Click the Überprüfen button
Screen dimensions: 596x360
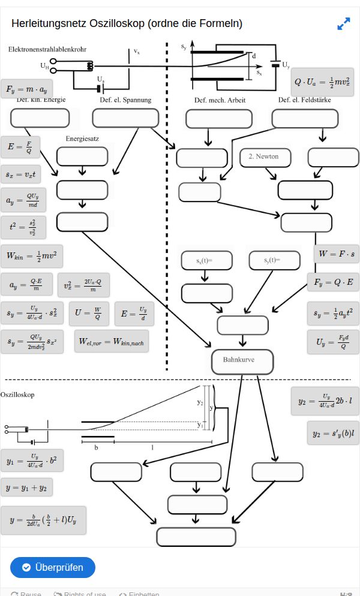(x=53, y=567)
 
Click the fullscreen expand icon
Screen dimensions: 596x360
(x=343, y=24)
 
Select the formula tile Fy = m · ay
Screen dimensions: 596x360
(x=27, y=89)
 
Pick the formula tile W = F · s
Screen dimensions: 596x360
(x=337, y=254)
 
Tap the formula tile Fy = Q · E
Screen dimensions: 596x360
(x=333, y=281)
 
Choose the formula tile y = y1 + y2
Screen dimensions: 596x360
(x=26, y=487)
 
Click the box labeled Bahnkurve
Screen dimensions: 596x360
(x=242, y=361)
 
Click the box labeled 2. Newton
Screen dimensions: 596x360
(x=265, y=157)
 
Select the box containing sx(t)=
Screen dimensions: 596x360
(x=206, y=260)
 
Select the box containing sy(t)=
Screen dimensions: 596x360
(x=274, y=260)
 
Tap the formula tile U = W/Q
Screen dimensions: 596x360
(x=88, y=312)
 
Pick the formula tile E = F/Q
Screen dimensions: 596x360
(x=20, y=146)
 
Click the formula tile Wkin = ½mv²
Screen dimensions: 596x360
(x=31, y=255)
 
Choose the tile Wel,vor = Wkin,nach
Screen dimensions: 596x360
(x=112, y=341)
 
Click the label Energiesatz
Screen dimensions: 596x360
(x=82, y=139)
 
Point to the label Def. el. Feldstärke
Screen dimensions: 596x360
(x=304, y=100)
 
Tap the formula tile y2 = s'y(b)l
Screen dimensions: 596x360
(x=333, y=433)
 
